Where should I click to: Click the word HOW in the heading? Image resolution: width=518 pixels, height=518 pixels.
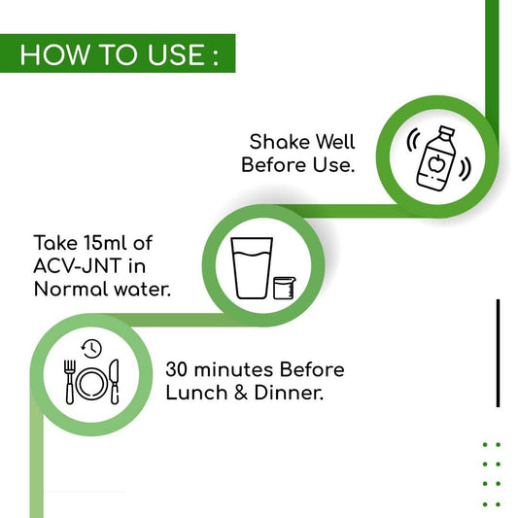[x=54, y=54]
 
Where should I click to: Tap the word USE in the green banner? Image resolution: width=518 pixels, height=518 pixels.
[x=176, y=54]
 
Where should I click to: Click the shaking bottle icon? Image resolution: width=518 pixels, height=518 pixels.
[x=438, y=157]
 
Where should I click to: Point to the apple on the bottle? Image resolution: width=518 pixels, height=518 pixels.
[x=436, y=163]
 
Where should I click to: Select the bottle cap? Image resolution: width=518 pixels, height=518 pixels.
[x=447, y=132]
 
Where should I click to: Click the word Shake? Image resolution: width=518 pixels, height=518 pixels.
[x=279, y=142]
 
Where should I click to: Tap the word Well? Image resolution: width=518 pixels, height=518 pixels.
[x=335, y=142]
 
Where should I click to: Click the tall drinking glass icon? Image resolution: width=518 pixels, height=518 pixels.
[x=252, y=268]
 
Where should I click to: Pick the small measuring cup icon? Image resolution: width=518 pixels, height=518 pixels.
[x=285, y=288]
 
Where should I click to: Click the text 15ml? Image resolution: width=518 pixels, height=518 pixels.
[x=105, y=243]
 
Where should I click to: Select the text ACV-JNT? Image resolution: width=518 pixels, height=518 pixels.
[x=77, y=266]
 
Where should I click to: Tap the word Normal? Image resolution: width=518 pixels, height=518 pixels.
[x=71, y=289]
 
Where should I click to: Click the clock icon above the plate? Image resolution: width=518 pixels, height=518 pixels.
[x=91, y=349]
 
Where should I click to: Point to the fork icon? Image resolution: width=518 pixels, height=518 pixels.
[x=70, y=382]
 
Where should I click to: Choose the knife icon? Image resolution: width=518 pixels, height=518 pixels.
[x=115, y=382]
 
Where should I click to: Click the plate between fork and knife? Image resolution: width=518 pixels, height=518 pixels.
[x=92, y=384]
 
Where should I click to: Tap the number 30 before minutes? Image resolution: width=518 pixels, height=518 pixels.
[x=177, y=369]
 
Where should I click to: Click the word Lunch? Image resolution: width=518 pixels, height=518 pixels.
[x=196, y=393]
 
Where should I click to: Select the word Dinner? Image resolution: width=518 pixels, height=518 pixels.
[x=289, y=393]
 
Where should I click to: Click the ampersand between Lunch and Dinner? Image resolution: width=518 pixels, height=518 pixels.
[x=241, y=394]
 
